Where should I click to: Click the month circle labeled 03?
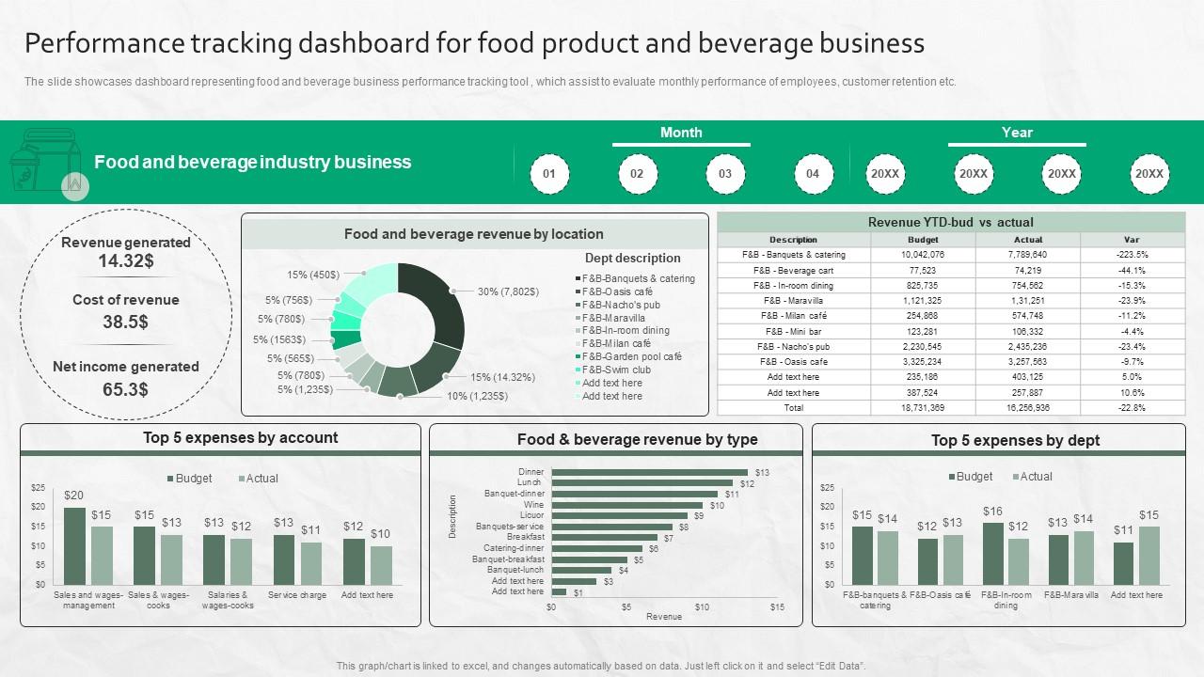click(x=725, y=174)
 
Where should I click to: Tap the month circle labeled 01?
click(x=549, y=174)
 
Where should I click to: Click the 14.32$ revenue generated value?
click(x=126, y=260)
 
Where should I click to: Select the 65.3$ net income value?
click(x=126, y=388)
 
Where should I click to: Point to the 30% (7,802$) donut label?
click(x=508, y=291)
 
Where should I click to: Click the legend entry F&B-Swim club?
click(x=616, y=370)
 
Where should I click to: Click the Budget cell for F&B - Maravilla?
click(x=922, y=301)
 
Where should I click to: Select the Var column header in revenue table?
click(x=1132, y=240)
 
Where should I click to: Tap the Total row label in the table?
click(x=793, y=408)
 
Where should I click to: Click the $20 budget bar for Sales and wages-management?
click(x=74, y=546)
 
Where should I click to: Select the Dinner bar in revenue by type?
click(x=649, y=472)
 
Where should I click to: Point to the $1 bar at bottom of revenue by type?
click(x=559, y=592)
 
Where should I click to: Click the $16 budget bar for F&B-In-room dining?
click(x=992, y=553)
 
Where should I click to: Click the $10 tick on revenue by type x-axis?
click(x=702, y=607)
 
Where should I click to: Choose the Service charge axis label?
click(x=297, y=595)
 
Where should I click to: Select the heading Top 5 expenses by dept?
click(x=1015, y=440)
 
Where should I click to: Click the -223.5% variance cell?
click(x=1132, y=255)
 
